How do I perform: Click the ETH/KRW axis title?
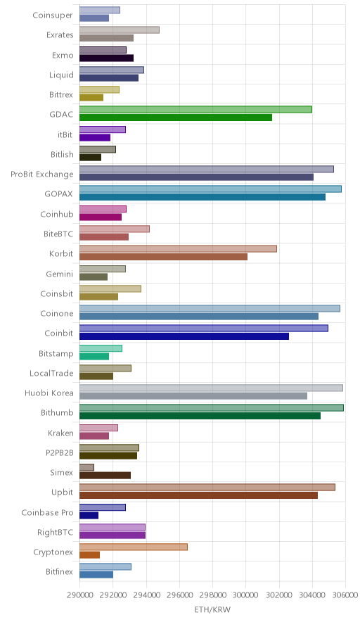[x=212, y=609]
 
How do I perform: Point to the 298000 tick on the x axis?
[x=212, y=595]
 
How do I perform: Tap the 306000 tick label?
[x=345, y=595]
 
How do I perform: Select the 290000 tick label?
[x=79, y=595]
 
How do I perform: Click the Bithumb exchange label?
[x=57, y=412]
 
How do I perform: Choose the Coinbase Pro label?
[x=48, y=512]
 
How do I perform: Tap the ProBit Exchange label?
[x=42, y=174]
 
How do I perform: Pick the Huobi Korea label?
[x=49, y=393]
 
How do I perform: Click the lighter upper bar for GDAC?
[x=195, y=110]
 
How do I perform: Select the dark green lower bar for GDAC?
[x=176, y=118]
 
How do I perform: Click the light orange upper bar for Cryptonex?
[x=133, y=547]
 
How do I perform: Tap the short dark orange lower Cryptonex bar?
[x=89, y=555]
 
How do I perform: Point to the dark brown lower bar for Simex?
[x=105, y=475]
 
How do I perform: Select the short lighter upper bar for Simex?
[x=86, y=467]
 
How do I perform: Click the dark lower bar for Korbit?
[x=163, y=257]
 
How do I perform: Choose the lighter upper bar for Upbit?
[x=207, y=487]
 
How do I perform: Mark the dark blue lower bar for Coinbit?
[x=184, y=336]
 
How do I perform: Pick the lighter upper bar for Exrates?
[x=120, y=30]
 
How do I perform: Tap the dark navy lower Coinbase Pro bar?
[x=89, y=515]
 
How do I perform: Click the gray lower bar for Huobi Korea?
[x=193, y=396]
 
